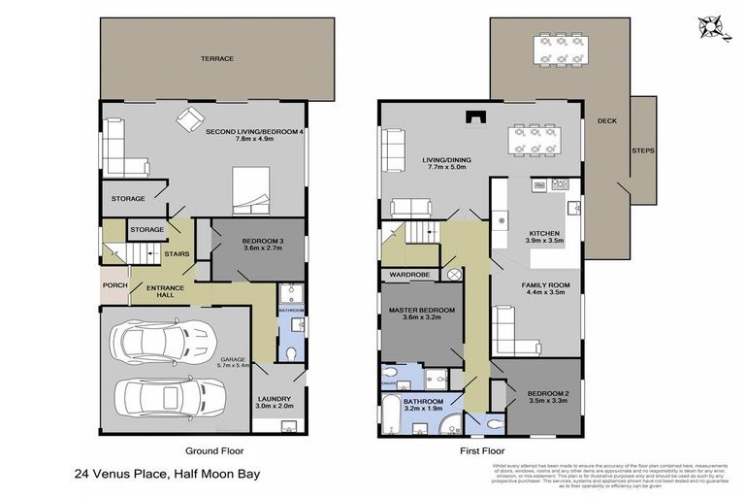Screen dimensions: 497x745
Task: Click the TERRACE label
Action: (x=217, y=59)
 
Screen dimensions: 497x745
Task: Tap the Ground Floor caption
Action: (x=214, y=450)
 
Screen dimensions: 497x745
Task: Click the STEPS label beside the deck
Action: (x=642, y=151)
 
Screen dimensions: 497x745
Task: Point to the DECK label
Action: (x=608, y=121)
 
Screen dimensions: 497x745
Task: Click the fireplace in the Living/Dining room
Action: (x=473, y=117)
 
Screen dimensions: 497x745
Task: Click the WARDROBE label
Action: (x=409, y=275)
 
